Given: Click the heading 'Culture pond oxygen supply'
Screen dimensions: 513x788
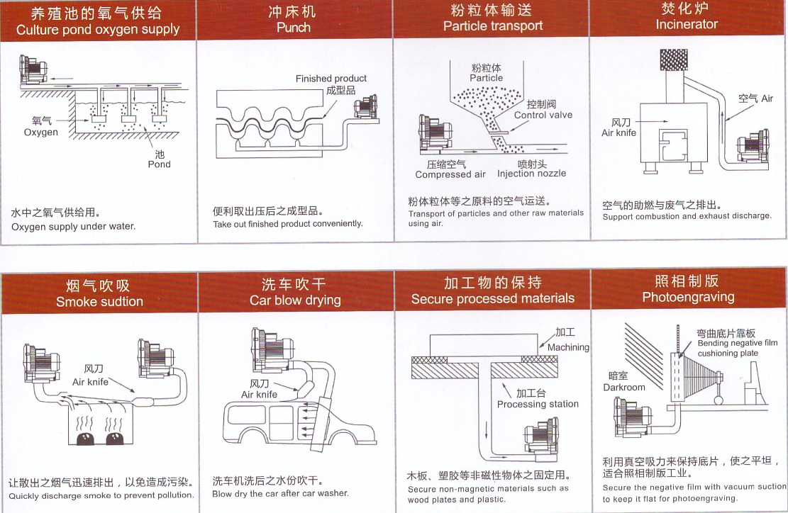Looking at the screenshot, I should coord(98,30).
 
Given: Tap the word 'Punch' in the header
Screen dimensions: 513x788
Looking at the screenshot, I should coord(294,28).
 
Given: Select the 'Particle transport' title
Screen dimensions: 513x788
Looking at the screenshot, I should coord(493,26).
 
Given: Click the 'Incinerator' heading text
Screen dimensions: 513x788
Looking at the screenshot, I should coord(687,24).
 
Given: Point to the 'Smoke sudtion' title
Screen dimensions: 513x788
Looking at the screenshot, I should coord(99,302).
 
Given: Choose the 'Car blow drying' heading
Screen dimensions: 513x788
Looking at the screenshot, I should coord(295,300).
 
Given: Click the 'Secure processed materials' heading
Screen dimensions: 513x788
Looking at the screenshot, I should coord(493,298).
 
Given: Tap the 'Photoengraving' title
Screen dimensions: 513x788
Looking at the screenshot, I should coord(688,297).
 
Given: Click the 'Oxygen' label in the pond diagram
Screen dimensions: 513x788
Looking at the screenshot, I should coord(41,133).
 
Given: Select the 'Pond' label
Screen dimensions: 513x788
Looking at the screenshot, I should coord(159,164).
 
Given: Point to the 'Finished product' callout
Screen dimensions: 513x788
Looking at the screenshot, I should coord(331,79).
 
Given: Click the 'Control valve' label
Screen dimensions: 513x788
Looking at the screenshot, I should coord(543,115).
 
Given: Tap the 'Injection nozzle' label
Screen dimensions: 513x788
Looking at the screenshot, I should coord(531,174).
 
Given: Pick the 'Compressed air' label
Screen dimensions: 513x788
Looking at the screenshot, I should coord(450,174).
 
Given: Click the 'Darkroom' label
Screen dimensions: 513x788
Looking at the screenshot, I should coord(624,387).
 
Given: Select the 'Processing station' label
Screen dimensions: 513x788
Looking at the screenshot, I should coord(538,404).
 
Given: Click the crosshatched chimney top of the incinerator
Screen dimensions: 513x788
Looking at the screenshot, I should coord(674,60).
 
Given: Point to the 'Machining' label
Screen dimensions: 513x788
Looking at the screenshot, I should coord(568,347).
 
